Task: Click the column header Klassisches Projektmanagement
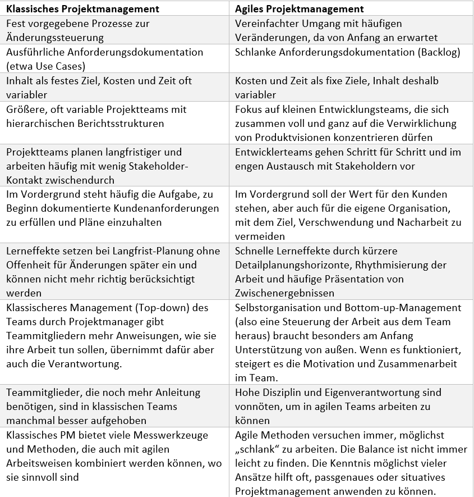pos(82,9)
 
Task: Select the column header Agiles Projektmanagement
pos(299,9)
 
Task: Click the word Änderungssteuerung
pos(55,38)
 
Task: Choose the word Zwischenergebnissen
pos(284,293)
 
